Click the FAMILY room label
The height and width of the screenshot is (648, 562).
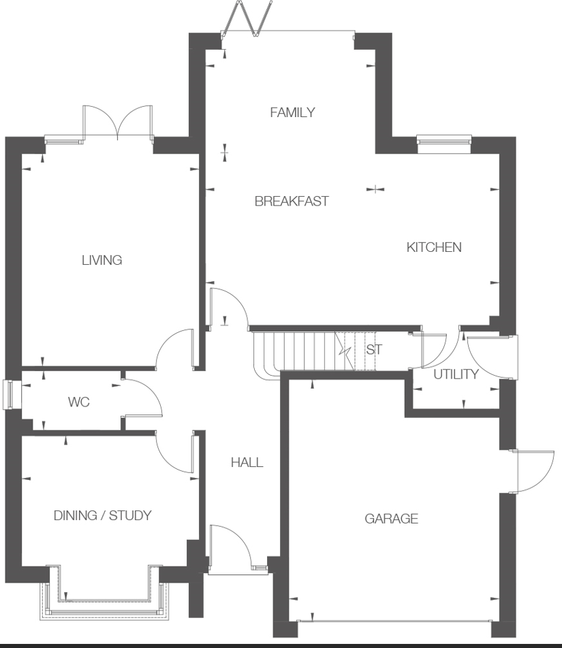click(292, 112)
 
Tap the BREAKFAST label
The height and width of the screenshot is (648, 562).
click(292, 201)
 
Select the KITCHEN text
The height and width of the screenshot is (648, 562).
click(434, 247)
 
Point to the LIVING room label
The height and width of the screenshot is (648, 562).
click(102, 260)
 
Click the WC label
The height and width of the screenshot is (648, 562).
click(78, 402)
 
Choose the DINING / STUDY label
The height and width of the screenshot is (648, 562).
click(102, 515)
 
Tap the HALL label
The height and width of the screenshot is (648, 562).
click(247, 463)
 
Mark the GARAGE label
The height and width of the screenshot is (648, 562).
click(391, 519)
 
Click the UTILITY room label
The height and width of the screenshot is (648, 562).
click(456, 374)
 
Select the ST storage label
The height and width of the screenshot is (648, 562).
click(374, 351)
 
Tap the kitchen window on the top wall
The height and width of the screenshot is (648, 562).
click(444, 141)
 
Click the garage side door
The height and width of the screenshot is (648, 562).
click(523, 471)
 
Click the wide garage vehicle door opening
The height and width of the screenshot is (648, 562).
click(393, 621)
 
